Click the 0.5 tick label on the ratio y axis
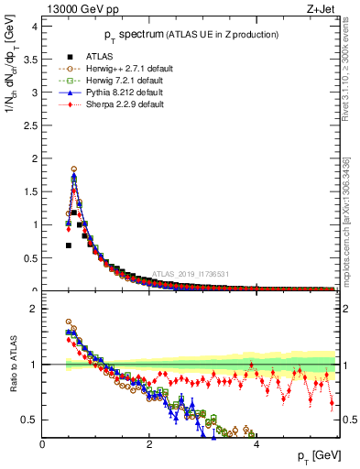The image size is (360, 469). tap(31, 420)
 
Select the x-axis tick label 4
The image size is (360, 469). tap(256, 444)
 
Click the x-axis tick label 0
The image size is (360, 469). tap(43, 444)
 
